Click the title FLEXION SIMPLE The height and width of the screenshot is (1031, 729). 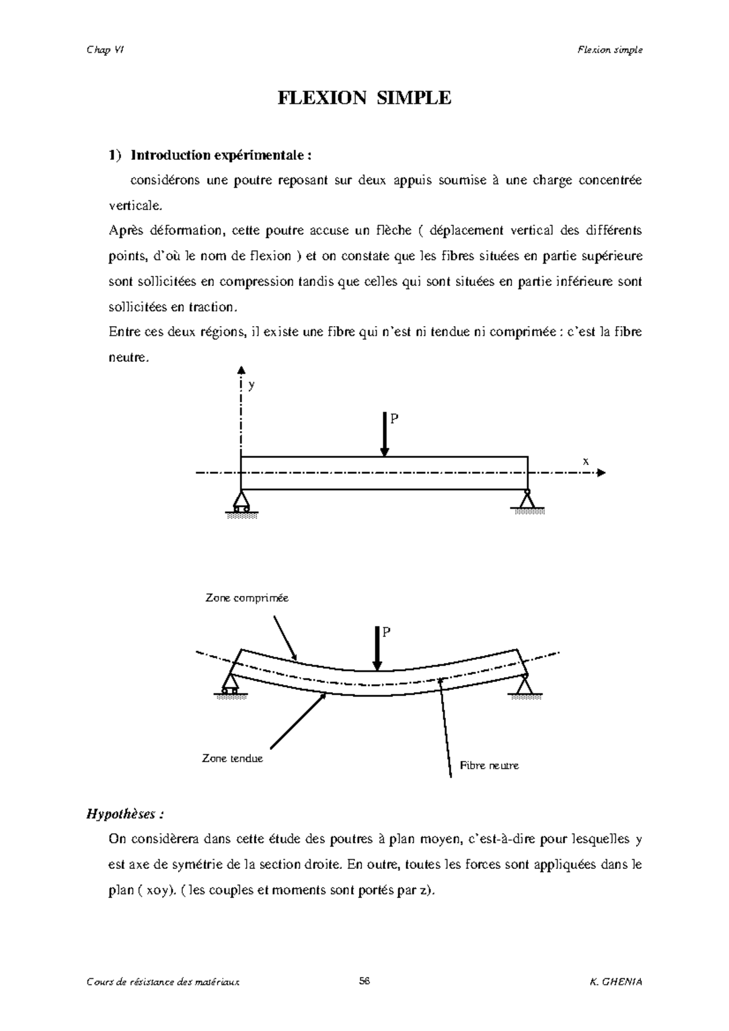[x=364, y=98]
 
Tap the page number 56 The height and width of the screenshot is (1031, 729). [x=364, y=982]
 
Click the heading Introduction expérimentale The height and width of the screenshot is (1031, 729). [x=221, y=155]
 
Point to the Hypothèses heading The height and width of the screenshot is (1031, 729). [x=125, y=814]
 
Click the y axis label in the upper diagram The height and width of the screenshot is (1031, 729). [x=252, y=386]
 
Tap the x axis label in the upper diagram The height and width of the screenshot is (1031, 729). [x=586, y=461]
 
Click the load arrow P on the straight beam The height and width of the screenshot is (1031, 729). [x=385, y=434]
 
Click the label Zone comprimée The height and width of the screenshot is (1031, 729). [x=247, y=598]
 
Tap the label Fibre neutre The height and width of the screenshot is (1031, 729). [x=489, y=766]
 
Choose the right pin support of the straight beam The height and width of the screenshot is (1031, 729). [x=527, y=500]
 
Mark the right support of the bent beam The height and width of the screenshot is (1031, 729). [x=524, y=684]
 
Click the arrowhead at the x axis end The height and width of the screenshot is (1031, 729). [x=601, y=472]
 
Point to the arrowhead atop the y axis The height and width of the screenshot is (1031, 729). [x=241, y=370]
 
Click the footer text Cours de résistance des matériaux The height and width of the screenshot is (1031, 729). [x=163, y=982]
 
